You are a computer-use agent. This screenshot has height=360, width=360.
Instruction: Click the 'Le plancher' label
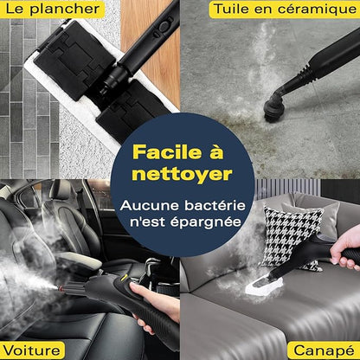tap(51, 10)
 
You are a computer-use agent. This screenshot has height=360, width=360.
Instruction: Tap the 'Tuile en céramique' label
tap(285, 10)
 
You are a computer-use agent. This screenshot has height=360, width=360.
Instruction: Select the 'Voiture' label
tap(32, 350)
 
